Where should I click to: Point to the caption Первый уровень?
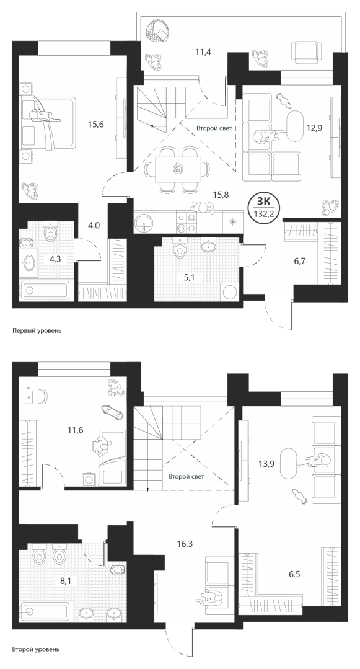(37, 330)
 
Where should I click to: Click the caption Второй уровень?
(36, 649)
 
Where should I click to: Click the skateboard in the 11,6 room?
(112, 411)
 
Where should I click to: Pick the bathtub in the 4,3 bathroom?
(45, 290)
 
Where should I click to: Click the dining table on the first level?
(178, 169)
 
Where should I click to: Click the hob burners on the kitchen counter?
(186, 223)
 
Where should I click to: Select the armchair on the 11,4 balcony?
(306, 52)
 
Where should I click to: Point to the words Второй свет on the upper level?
(187, 477)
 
